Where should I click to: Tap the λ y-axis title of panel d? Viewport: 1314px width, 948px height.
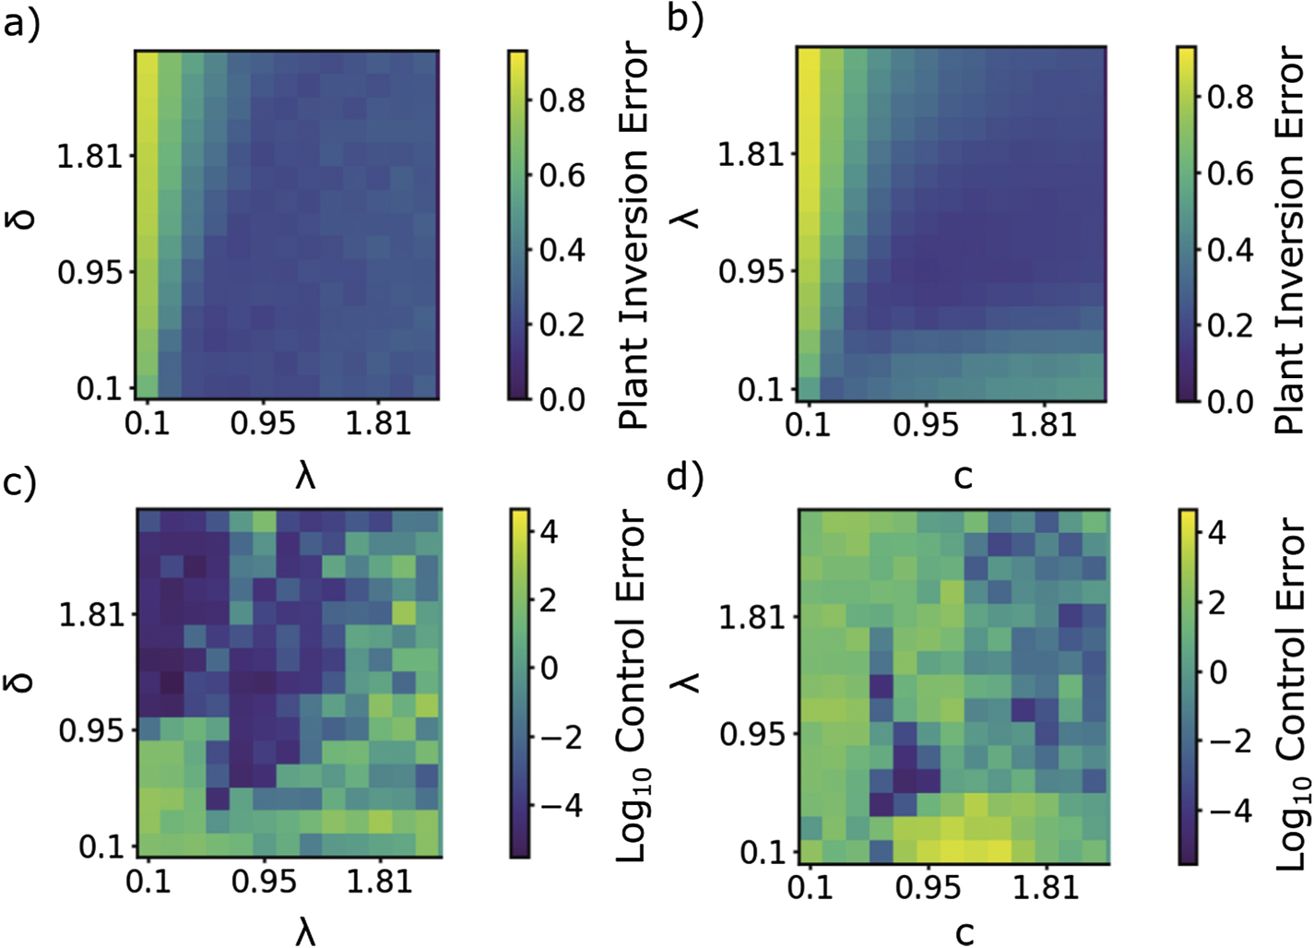pyautogui.click(x=687, y=681)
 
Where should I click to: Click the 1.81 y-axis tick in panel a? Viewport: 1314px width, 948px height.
pyautogui.click(x=89, y=156)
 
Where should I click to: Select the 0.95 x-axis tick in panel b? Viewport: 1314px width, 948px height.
pyautogui.click(x=926, y=424)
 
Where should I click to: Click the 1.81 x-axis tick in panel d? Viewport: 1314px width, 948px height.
pyautogui.click(x=1045, y=886)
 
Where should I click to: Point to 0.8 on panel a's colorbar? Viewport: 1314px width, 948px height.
pyautogui.click(x=562, y=100)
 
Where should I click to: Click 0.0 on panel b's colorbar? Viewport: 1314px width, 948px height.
pyautogui.click(x=1230, y=401)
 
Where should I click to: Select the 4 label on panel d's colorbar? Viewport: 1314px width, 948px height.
pyautogui.click(x=1217, y=532)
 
